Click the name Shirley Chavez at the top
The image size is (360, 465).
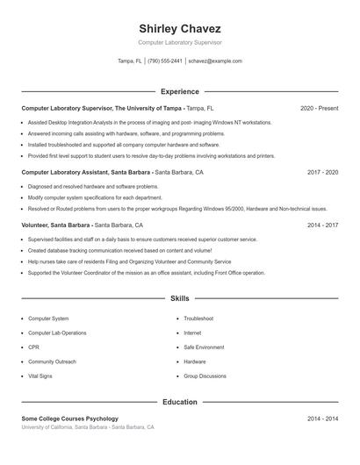(x=180, y=28)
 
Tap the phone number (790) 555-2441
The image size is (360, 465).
(x=165, y=61)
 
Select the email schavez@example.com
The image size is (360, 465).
(x=215, y=61)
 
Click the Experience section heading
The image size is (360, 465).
(x=180, y=91)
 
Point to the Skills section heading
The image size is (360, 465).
(x=180, y=299)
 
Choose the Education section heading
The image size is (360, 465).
(x=180, y=402)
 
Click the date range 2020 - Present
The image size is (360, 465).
(x=319, y=108)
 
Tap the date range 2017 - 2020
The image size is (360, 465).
(x=322, y=173)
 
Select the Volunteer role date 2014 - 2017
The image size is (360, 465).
(x=322, y=225)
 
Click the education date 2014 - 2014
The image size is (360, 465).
(x=322, y=418)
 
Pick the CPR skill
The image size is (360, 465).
(x=34, y=347)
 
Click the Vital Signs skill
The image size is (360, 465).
(x=40, y=376)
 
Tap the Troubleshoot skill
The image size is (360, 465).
(x=198, y=318)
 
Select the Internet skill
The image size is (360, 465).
(x=192, y=333)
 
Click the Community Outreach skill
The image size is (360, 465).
(x=52, y=361)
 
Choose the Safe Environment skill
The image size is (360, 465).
(x=204, y=347)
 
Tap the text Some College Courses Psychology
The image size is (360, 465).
(x=70, y=418)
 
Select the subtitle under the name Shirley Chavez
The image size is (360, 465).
(x=180, y=42)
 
